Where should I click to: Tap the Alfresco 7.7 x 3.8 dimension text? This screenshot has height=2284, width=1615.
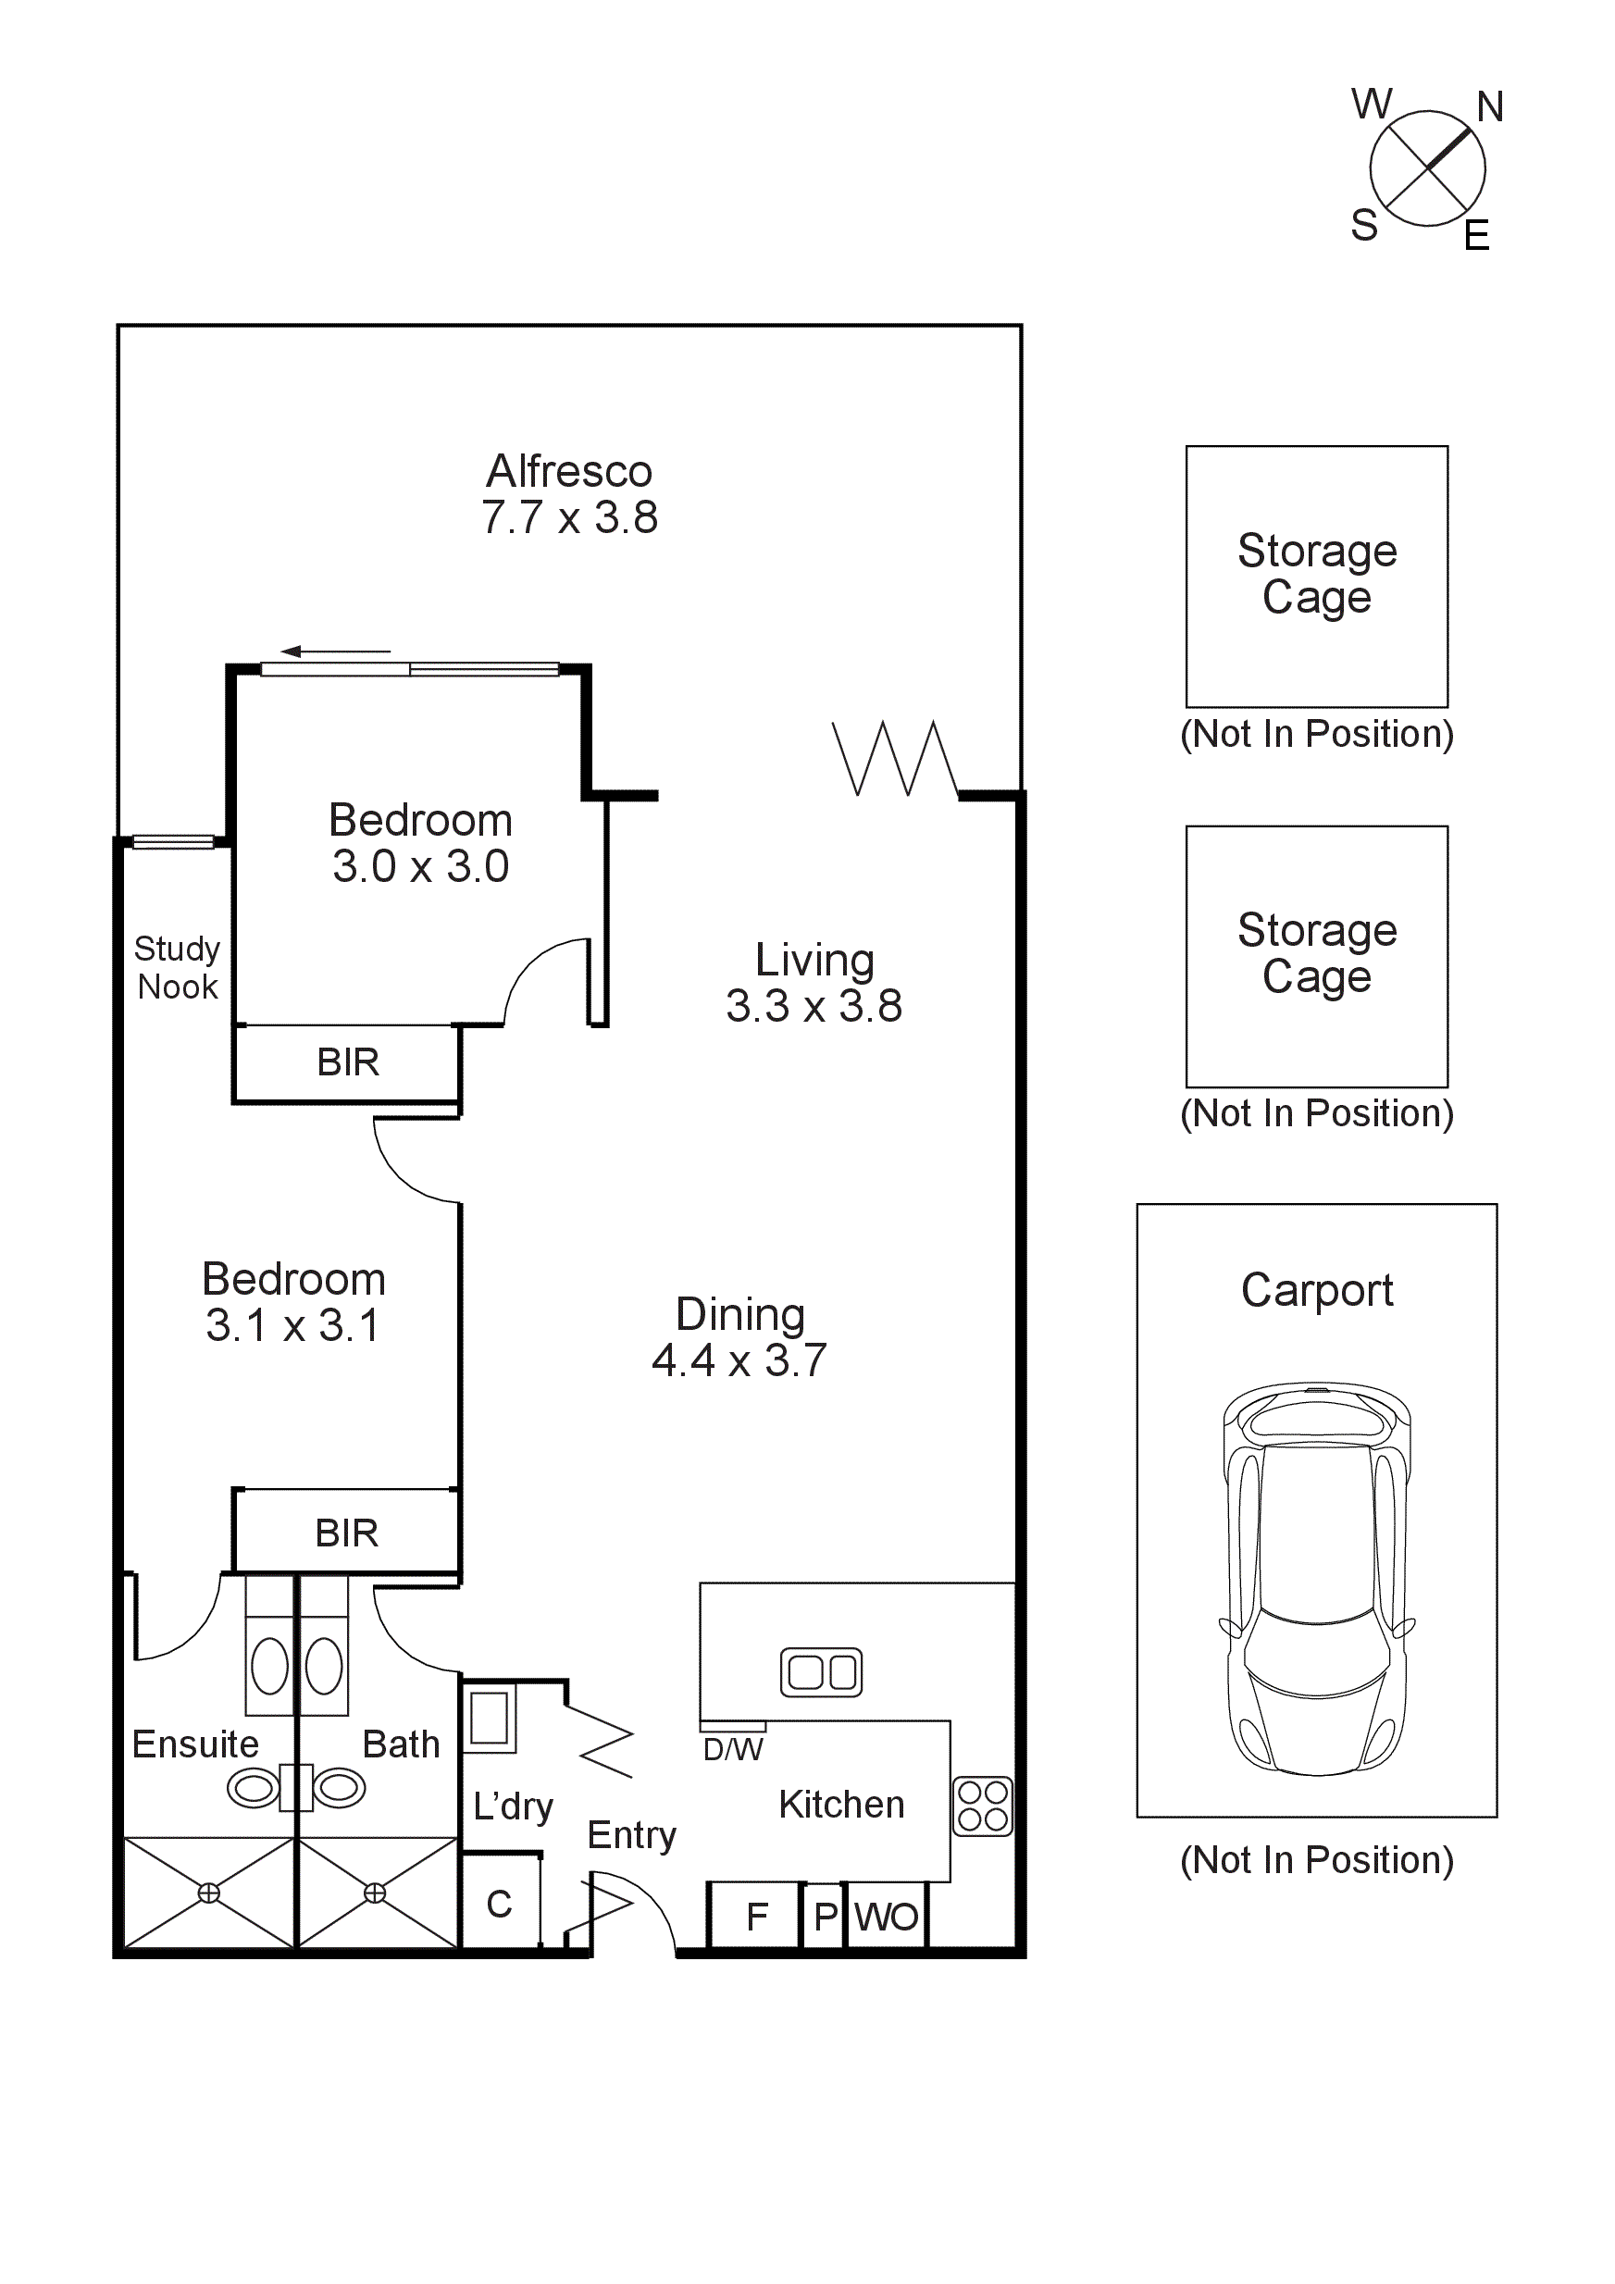(x=569, y=517)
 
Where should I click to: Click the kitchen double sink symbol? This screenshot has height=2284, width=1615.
(x=821, y=1672)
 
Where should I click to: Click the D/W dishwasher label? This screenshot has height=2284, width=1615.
(x=732, y=1750)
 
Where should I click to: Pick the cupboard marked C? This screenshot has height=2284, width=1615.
(x=499, y=1904)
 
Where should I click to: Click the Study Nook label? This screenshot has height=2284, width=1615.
(x=177, y=967)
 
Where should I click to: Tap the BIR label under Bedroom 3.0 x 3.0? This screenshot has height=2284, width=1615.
(x=347, y=1062)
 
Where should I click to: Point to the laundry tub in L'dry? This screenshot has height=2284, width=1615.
(x=489, y=1718)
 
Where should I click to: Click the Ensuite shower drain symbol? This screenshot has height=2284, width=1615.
(x=209, y=1893)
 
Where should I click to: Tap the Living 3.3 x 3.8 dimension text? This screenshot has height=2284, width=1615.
(x=814, y=1006)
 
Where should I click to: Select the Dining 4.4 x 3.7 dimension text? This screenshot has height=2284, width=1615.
(x=739, y=1359)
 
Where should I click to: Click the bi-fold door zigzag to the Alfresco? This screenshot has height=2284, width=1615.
(x=894, y=758)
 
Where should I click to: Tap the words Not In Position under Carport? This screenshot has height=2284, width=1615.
(x=1316, y=1859)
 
